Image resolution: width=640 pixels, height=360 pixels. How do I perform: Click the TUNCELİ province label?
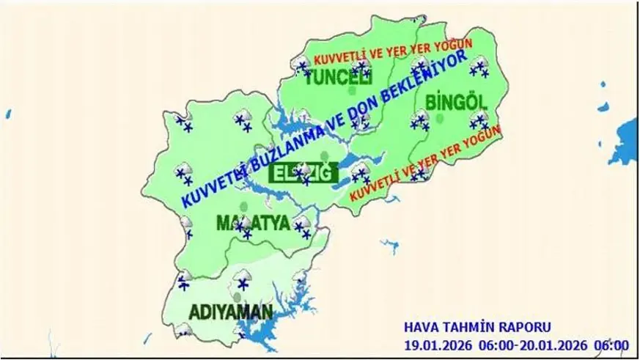[338, 78]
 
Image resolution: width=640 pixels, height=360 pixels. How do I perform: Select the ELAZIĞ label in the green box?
[303, 174]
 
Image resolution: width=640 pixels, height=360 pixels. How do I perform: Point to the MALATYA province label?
[254, 223]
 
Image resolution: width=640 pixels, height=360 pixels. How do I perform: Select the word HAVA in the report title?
[421, 327]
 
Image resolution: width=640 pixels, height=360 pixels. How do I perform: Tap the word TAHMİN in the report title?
[469, 327]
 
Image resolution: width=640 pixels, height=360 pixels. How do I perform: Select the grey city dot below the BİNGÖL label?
[440, 117]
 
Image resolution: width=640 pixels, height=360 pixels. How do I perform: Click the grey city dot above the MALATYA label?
[243, 206]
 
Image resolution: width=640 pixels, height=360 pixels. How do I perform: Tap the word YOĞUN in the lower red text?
[479, 137]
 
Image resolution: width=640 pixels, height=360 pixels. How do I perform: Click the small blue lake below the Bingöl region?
[389, 245]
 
